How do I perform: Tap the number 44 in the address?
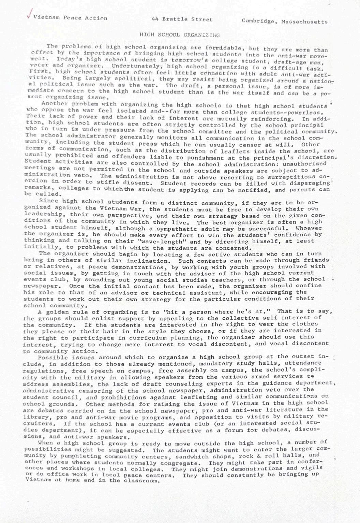(x=155, y=19)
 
